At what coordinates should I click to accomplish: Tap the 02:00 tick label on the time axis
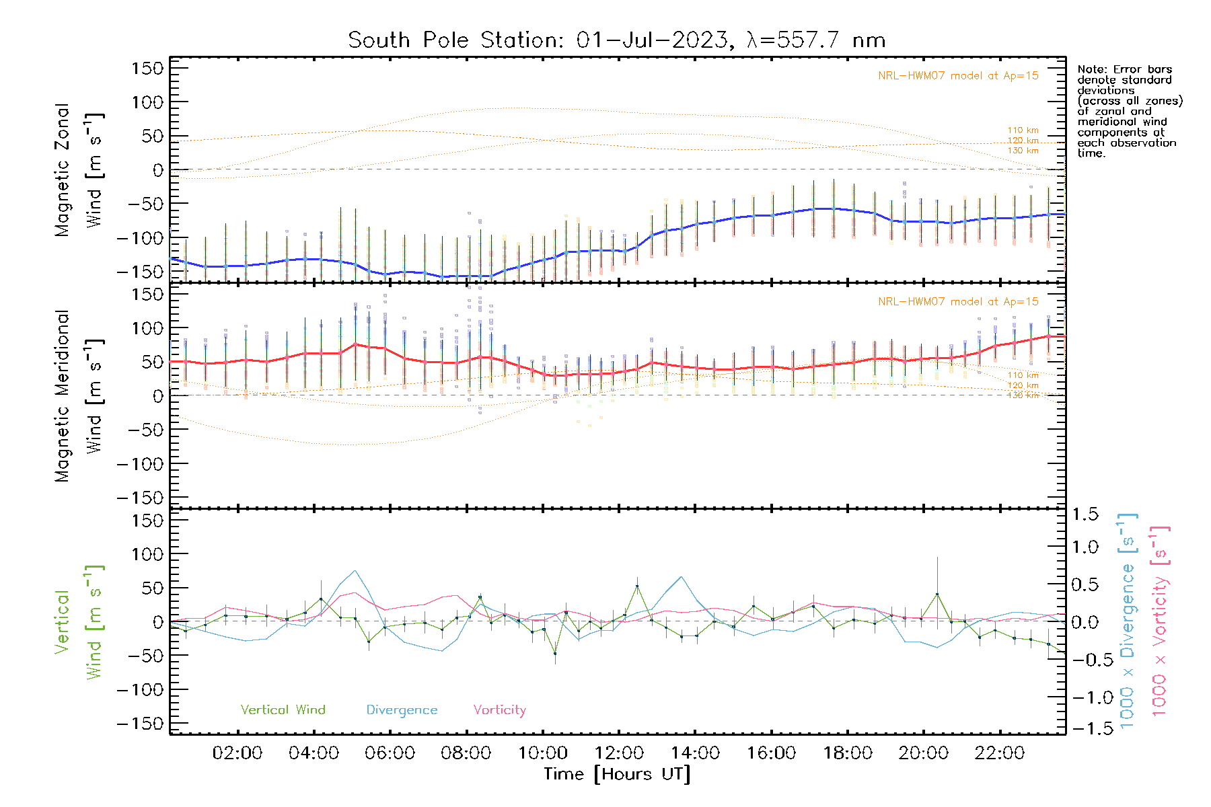[x=237, y=753]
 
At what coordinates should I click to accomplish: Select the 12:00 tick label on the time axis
[x=619, y=753]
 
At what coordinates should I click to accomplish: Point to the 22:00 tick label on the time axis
[x=1000, y=753]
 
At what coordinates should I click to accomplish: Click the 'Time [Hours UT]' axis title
[x=617, y=774]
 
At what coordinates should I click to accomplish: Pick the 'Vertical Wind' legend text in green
[x=283, y=709]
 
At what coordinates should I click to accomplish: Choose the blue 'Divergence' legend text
[x=402, y=710]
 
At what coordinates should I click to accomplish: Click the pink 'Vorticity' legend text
[x=499, y=709]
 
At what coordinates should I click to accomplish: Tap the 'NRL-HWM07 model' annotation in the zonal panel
[x=958, y=76]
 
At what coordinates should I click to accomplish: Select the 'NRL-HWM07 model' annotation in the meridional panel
[x=958, y=302]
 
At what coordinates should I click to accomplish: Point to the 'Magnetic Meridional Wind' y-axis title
[x=79, y=396]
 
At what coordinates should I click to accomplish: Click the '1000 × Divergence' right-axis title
[x=1128, y=621]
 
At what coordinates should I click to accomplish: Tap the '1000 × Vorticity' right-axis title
[x=1159, y=621]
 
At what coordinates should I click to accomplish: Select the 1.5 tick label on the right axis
[x=1085, y=514]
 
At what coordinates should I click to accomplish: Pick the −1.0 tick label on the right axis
[x=1085, y=697]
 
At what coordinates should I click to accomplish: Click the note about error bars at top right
[x=1129, y=111]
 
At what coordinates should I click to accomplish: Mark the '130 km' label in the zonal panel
[x=1023, y=151]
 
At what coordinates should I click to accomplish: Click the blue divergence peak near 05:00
[x=355, y=571]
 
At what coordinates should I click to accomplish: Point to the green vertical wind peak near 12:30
[x=636, y=586]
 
